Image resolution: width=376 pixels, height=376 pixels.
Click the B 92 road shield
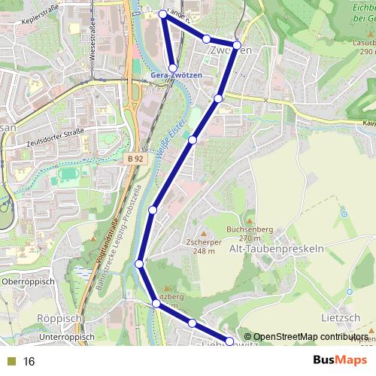[x=135, y=159]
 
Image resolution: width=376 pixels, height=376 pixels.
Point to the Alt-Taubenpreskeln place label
[x=276, y=248]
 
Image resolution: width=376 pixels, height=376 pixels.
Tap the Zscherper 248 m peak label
[x=199, y=247]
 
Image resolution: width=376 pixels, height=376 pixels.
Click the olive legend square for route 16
[x=11, y=362]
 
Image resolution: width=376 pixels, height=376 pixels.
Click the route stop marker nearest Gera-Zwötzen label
[x=173, y=68]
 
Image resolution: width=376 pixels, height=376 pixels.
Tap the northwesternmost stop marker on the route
[x=163, y=14]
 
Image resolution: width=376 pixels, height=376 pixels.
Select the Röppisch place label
[x=58, y=319]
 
